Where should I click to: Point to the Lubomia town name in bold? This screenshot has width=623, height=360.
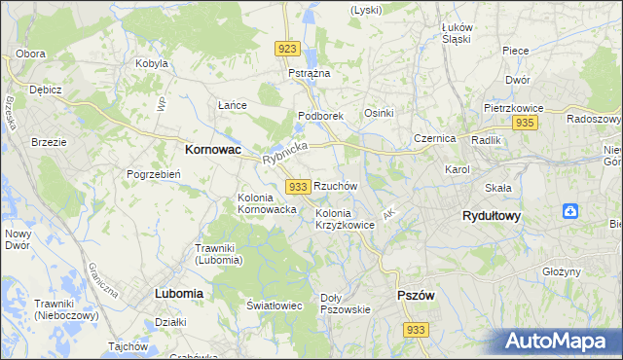(x=178, y=292)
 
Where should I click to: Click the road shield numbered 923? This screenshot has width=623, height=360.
(x=287, y=49)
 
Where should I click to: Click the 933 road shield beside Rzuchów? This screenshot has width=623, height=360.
(x=299, y=186)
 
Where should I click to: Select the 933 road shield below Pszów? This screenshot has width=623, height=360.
(x=416, y=331)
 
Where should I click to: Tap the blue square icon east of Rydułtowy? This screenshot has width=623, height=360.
(x=571, y=211)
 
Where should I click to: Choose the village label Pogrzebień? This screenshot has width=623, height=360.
(x=150, y=174)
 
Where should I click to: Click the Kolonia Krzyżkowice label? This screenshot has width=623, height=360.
(x=345, y=219)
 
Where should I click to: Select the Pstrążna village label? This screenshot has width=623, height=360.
(x=310, y=73)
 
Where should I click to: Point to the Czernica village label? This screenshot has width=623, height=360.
(x=434, y=138)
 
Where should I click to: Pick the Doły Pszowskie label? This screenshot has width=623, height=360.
(x=346, y=304)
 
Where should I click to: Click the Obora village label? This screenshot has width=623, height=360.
(x=31, y=53)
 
